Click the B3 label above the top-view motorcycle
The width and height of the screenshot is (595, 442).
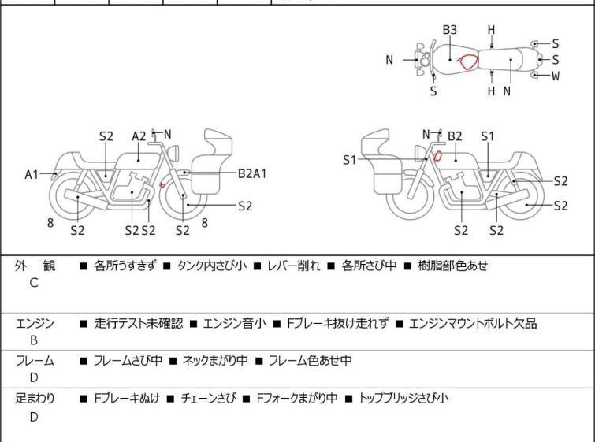tap(449, 30)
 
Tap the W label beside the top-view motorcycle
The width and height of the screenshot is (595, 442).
tap(556, 76)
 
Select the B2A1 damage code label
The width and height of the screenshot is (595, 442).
tap(252, 173)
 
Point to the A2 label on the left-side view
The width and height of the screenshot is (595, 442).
tap(139, 136)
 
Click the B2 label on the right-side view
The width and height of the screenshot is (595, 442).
tap(455, 136)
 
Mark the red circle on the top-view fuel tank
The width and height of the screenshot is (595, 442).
tap(468, 61)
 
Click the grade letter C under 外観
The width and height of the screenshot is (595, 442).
tap(34, 283)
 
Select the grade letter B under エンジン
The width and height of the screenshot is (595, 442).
tap(34, 340)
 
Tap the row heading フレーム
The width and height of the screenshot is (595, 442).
tap(35, 361)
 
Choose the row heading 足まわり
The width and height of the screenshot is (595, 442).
tap(35, 399)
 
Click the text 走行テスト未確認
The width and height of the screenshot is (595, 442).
tap(138, 323)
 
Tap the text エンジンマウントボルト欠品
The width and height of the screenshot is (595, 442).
tap(473, 323)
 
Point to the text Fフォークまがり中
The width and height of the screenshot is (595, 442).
tap(297, 399)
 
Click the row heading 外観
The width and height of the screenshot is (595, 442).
tap(35, 266)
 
